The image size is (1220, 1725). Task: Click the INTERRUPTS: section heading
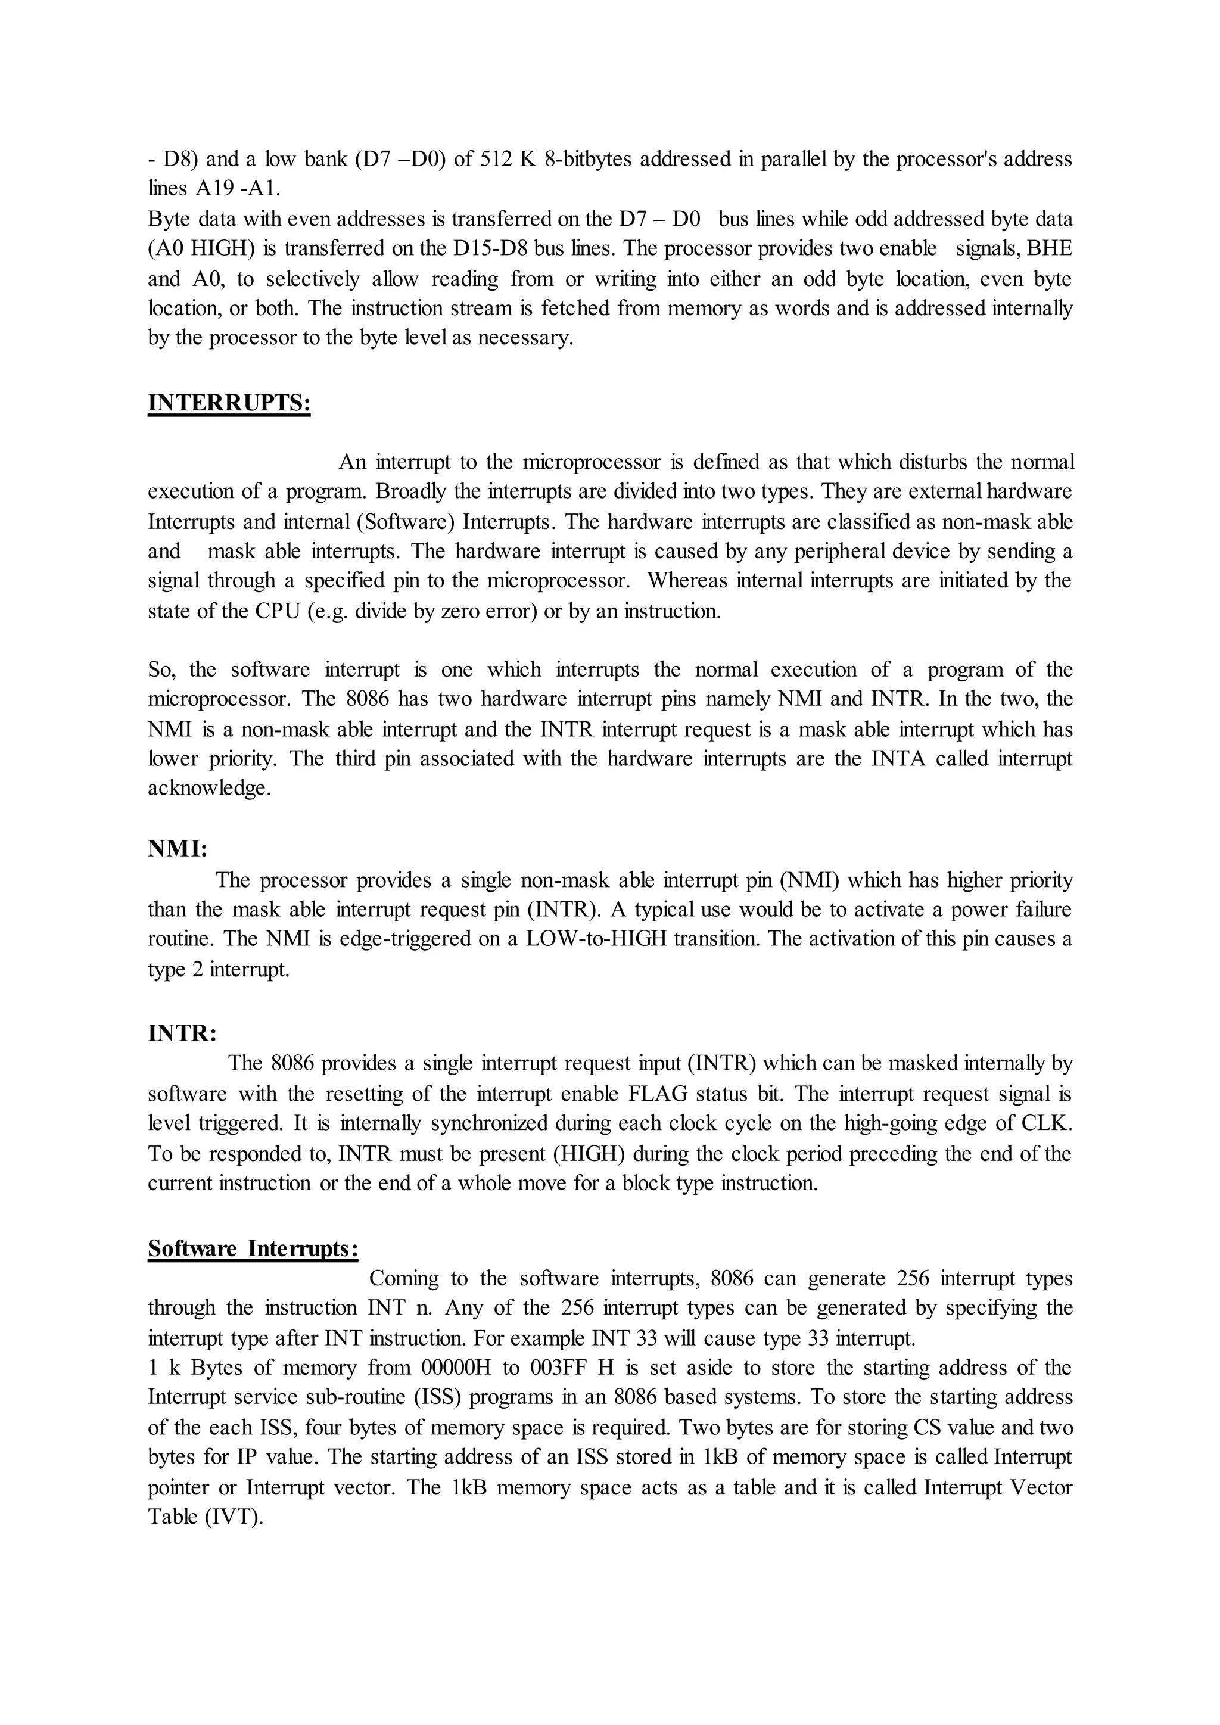[229, 403]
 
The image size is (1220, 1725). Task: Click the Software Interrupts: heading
[253, 1248]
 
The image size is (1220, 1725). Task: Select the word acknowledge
[208, 789]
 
